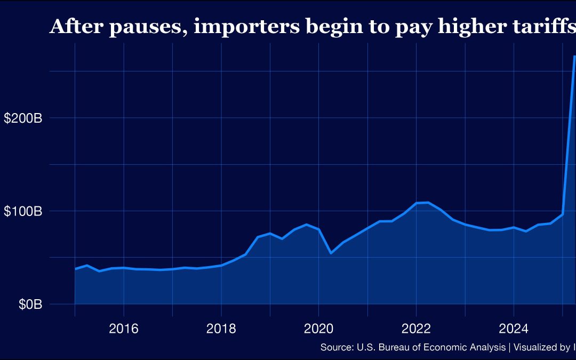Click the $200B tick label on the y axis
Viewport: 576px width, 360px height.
click(23, 118)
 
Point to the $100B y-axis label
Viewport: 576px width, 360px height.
click(23, 211)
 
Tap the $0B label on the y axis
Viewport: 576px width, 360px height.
click(30, 305)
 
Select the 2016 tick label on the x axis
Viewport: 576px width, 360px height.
click(123, 328)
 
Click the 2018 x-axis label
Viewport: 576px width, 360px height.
click(221, 328)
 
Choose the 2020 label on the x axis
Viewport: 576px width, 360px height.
click(318, 328)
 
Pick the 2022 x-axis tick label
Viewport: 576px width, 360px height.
click(416, 328)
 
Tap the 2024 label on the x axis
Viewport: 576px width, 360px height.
click(513, 328)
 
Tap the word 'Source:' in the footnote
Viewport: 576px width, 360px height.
click(336, 348)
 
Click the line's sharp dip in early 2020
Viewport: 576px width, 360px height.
click(331, 253)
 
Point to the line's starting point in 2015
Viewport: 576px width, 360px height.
click(75, 269)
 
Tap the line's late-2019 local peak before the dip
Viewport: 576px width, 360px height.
click(306, 225)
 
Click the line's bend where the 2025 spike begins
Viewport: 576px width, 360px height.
click(562, 214)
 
